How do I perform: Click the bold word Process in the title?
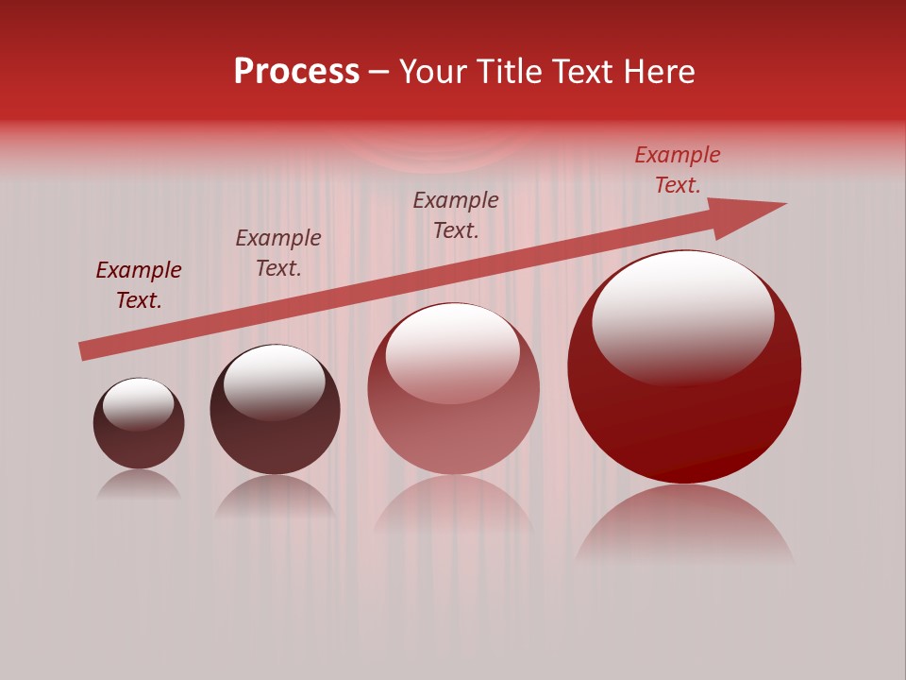(296, 72)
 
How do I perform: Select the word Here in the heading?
(660, 72)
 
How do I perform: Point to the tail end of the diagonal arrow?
(83, 351)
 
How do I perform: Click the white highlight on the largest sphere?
(683, 316)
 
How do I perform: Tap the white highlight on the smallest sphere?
(139, 403)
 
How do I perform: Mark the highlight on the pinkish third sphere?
(453, 351)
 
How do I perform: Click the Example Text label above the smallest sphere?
(139, 285)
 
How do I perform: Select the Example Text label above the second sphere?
(278, 253)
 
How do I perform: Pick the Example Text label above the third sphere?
(456, 215)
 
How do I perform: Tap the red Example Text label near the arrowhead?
(678, 170)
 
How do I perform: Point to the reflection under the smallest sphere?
(139, 485)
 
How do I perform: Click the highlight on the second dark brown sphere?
(275, 382)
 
